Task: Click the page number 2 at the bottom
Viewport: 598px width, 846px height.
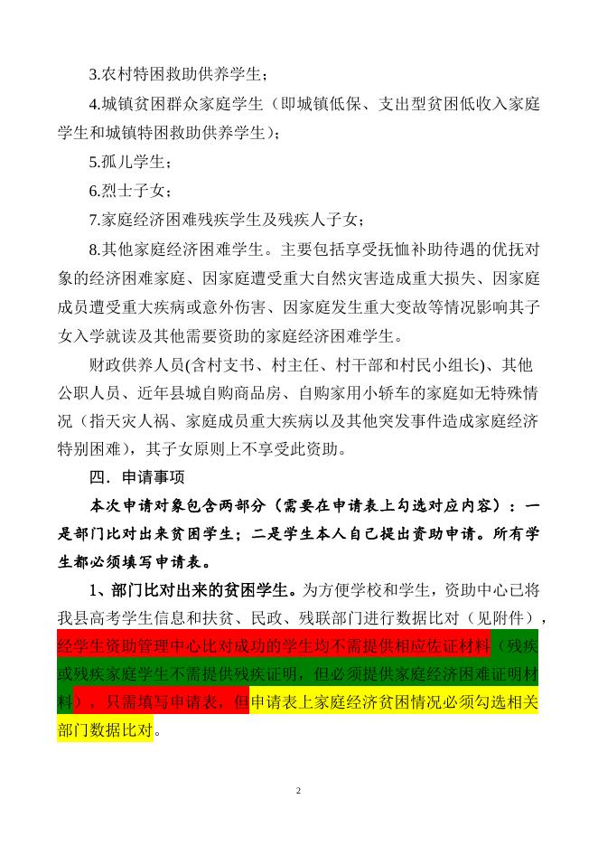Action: tap(298, 791)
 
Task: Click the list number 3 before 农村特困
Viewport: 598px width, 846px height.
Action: tap(93, 73)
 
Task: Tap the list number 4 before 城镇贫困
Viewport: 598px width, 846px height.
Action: tap(93, 104)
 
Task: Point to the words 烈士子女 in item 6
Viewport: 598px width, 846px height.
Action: tap(131, 191)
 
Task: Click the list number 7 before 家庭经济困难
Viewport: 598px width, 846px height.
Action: tap(93, 220)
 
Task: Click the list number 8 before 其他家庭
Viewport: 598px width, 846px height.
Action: tap(93, 249)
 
